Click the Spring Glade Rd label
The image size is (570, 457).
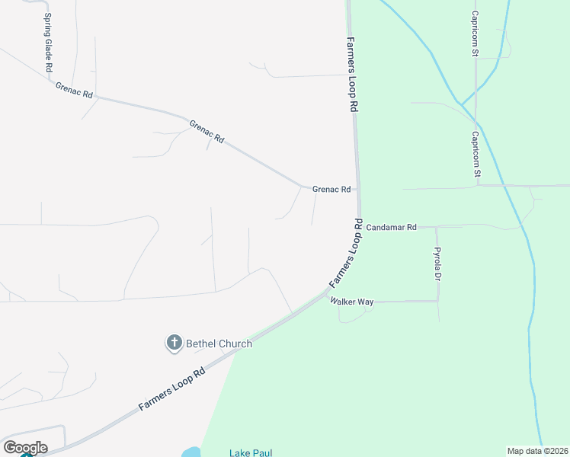48,43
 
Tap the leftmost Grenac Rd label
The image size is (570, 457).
74,89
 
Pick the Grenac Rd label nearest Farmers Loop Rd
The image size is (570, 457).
331,189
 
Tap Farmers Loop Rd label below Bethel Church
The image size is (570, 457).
172,388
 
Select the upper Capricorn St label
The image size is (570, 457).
474,34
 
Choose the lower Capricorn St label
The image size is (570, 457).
476,156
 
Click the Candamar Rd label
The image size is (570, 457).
391,227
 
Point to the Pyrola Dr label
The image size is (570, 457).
437,263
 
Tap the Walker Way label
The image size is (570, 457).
351,302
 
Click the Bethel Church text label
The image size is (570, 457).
219,344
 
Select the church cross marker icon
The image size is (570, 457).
174,344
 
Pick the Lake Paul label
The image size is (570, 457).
251,452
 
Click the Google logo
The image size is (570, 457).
25,447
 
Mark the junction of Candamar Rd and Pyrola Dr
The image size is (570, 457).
437,226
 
